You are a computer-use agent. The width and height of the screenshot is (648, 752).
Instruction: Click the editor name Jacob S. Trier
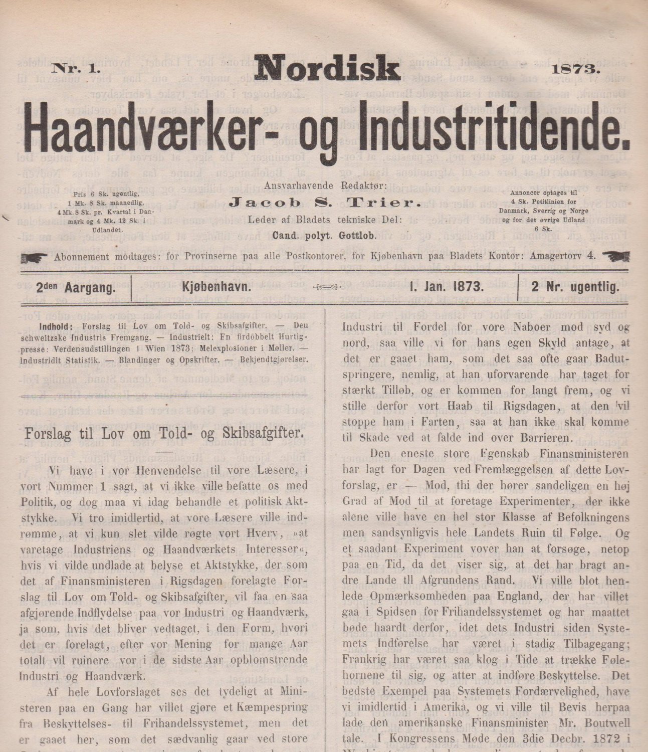coord(324,202)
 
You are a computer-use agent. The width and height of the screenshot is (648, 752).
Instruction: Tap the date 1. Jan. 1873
coord(446,288)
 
